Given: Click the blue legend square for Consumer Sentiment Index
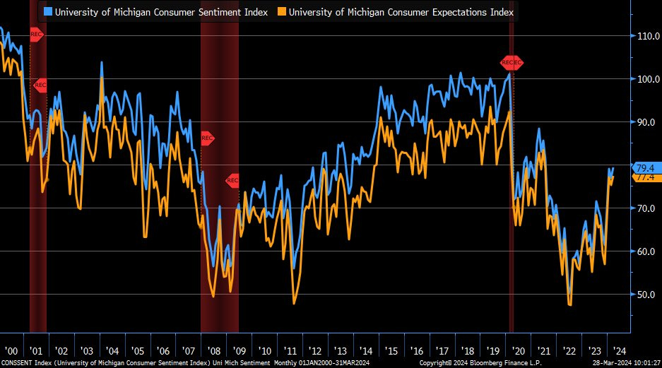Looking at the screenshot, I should click(47, 12).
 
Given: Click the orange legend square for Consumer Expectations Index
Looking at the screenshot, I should click(282, 12).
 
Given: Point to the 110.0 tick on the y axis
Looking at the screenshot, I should click(646, 35).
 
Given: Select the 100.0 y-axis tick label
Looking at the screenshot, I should click(646, 78).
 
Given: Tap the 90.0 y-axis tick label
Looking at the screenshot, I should click(646, 121).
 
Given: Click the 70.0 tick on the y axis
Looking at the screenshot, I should click(646, 208).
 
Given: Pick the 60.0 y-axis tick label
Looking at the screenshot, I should click(646, 251).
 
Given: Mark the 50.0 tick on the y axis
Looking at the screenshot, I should click(646, 294).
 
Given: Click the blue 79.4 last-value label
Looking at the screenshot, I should click(644, 167).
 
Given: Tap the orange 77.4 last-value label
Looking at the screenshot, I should click(644, 177).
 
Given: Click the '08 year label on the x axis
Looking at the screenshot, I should click(214, 350).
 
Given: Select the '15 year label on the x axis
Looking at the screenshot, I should click(391, 350).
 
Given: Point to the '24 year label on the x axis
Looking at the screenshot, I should click(618, 350).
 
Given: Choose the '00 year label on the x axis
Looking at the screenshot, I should click(11, 350).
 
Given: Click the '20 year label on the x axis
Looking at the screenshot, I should click(517, 350).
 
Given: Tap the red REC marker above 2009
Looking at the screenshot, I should click(232, 181).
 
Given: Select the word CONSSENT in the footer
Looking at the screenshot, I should click(17, 363).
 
